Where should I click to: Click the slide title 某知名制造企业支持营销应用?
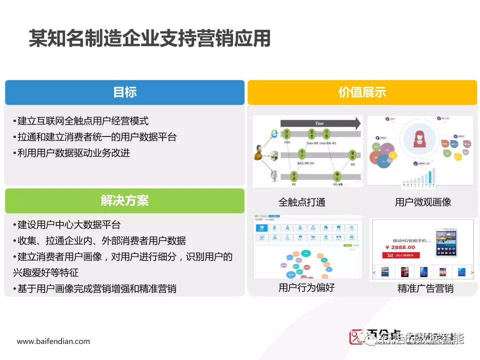pos(149,38)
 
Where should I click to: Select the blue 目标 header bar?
pos(124,92)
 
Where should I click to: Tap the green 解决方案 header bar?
pos(124,201)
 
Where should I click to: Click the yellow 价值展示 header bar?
pos(362,92)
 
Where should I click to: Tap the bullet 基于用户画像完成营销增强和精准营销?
pos(95,288)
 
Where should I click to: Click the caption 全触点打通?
pos(302,202)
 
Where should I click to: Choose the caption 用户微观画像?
pos(423,202)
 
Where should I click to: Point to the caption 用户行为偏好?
pos(306,287)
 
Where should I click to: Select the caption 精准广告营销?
pos(425,288)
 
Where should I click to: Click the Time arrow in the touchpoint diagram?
pos(320,123)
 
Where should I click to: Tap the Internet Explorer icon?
pos(273,133)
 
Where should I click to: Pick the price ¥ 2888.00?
pos(400,247)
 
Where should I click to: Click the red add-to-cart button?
pos(401,255)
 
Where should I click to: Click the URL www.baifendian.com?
pos(53,341)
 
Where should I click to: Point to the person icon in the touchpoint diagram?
pos(258,152)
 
